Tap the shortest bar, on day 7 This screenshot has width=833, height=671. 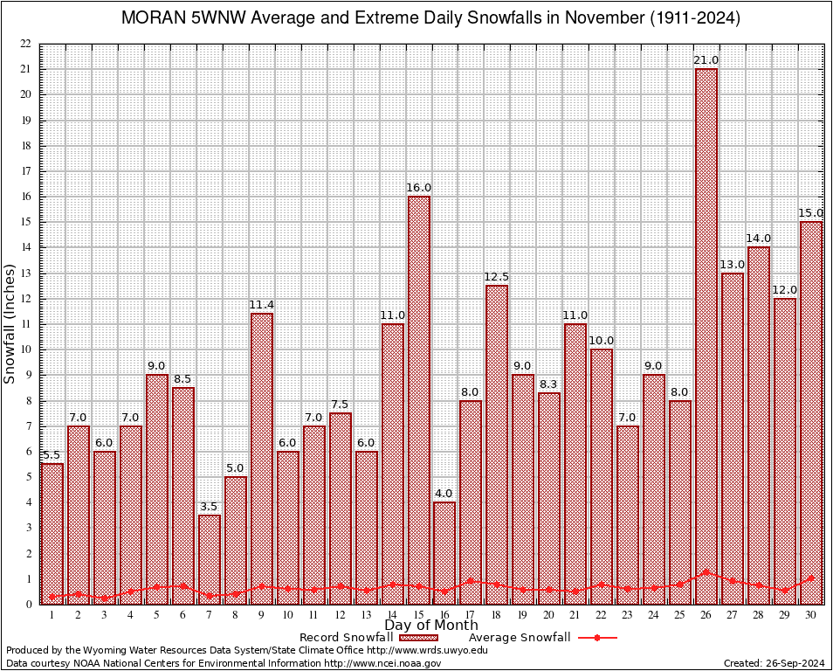pos(209,559)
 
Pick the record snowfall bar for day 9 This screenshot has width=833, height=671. pos(261,454)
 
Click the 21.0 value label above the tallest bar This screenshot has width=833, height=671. pos(706,59)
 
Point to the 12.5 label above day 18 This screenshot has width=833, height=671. pos(497,277)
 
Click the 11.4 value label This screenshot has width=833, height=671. pos(261,304)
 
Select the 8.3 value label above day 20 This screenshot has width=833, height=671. pos(549,384)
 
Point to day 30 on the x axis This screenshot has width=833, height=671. pos(811,615)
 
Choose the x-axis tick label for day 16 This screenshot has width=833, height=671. pos(444,615)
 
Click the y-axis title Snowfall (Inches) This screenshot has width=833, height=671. pos(10,323)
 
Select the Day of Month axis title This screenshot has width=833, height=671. pos(431,626)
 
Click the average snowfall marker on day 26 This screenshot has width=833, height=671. pos(706,572)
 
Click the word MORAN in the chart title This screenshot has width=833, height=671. pos(153,17)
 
